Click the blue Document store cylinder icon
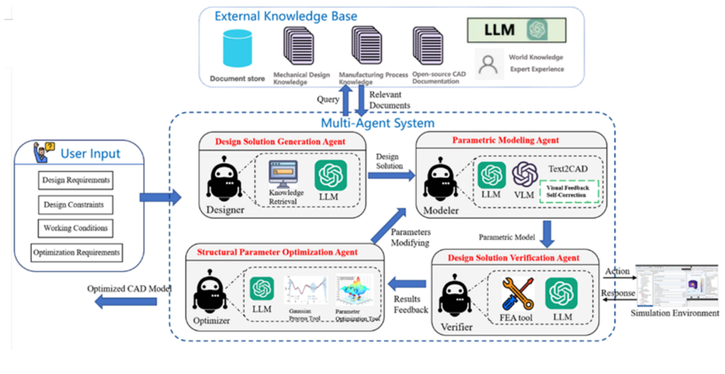click(238, 49)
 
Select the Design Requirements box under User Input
click(76, 181)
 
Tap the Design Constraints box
click(74, 205)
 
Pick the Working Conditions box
click(76, 228)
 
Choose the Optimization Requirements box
click(77, 252)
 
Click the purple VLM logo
click(525, 175)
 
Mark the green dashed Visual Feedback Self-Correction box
click(568, 191)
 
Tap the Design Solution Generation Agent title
click(280, 142)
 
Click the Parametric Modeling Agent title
click(505, 141)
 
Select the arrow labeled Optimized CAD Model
click(126, 302)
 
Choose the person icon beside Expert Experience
click(489, 63)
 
